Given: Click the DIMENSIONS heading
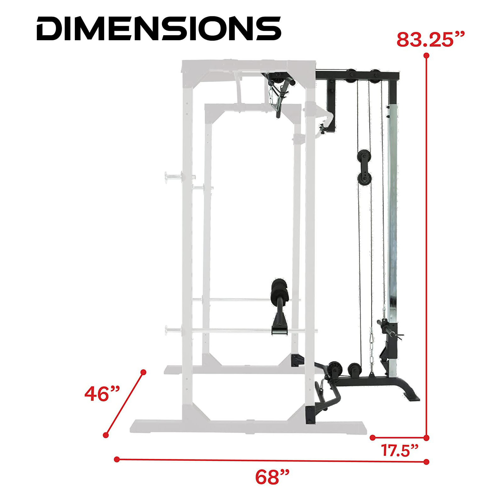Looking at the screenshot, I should pos(159,29).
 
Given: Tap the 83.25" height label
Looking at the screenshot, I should pos(430,40).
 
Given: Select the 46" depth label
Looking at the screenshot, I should pos(102,394).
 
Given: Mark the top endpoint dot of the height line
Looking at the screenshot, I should pos(427,56).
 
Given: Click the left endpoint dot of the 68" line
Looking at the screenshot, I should pos(117,459).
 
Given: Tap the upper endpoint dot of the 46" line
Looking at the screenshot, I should pos(143,372).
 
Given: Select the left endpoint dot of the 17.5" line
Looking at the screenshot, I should pos(373,437).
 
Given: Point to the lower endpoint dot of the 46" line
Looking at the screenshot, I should pos(106,435).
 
